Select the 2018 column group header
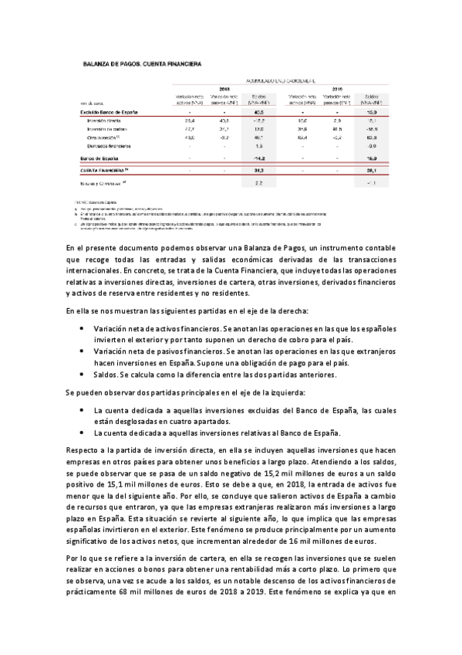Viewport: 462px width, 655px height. click(225, 89)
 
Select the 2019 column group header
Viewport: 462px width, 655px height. click(337, 89)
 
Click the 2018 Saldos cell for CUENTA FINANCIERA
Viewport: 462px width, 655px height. click(259, 169)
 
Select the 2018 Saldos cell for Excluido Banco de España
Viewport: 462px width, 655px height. click(259, 112)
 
